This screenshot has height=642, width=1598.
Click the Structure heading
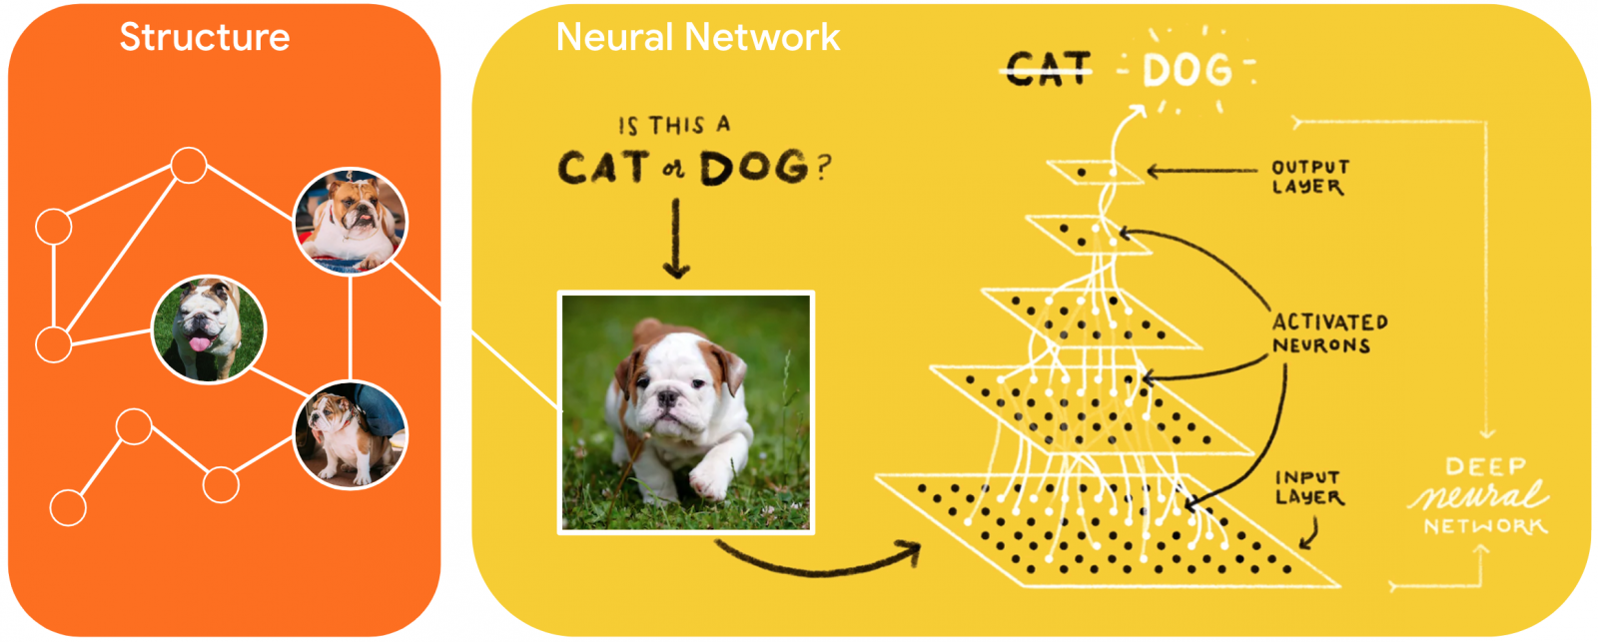click(x=205, y=38)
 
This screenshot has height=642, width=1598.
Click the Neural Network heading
click(x=697, y=38)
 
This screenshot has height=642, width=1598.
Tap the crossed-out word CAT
click(x=1048, y=69)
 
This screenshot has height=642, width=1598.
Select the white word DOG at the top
click(x=1188, y=71)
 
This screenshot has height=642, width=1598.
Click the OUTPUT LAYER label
click(x=1309, y=177)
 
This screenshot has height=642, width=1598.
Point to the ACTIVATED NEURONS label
click(x=1328, y=333)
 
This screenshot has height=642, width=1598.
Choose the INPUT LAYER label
click(x=1308, y=487)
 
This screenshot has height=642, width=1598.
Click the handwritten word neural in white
click(x=1478, y=495)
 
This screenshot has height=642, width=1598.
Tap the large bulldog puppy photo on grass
click(x=686, y=412)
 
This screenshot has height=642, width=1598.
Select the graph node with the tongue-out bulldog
click(x=208, y=329)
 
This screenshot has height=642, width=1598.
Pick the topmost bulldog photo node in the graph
click(x=351, y=222)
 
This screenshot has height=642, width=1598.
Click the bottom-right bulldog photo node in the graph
click(x=351, y=435)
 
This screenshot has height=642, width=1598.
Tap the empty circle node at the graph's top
click(x=189, y=166)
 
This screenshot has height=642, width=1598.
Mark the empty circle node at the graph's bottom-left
click(x=68, y=507)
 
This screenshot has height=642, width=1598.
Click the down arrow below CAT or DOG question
click(x=676, y=240)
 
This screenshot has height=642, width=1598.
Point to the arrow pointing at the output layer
click(x=1198, y=172)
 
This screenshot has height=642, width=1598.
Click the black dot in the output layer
click(x=1082, y=173)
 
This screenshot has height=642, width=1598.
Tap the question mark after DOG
click(x=823, y=168)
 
